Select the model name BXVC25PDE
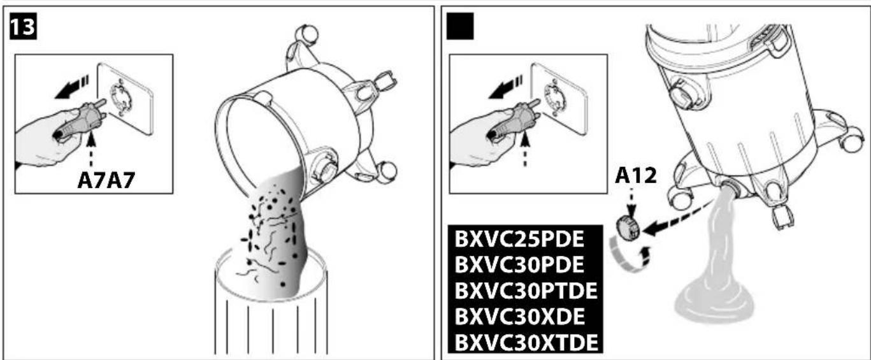click(519, 240)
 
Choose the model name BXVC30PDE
click(519, 266)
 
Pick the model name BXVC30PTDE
click(526, 291)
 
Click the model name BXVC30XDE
click(519, 317)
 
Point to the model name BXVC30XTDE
click(526, 342)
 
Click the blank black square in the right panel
click(461, 26)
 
